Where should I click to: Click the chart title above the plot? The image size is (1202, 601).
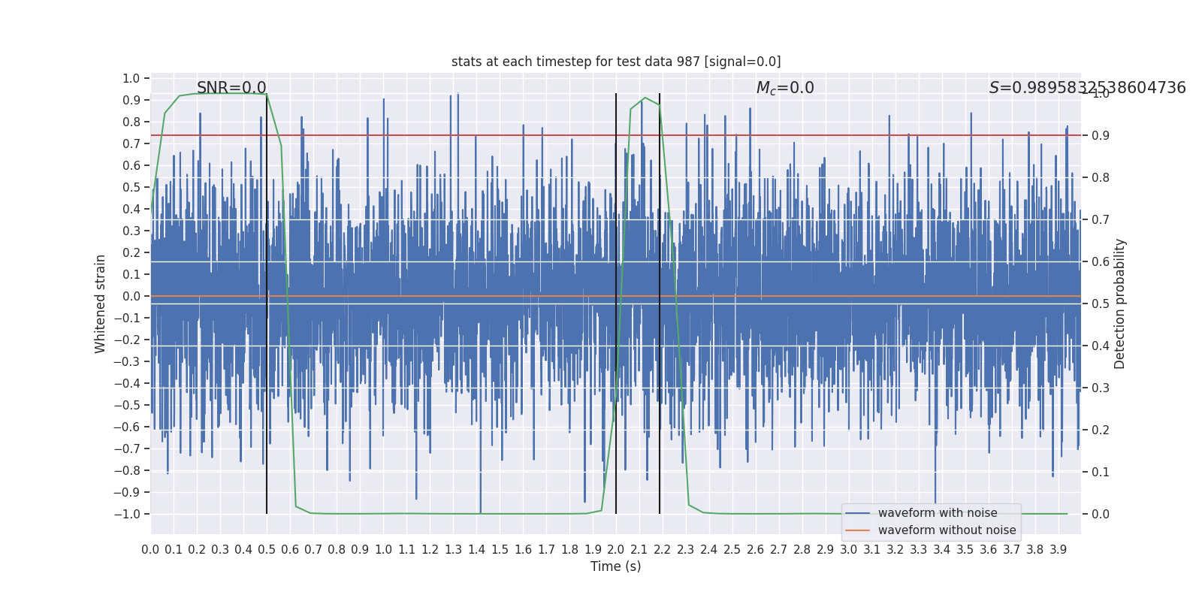coord(616,62)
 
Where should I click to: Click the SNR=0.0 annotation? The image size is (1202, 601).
coord(231,88)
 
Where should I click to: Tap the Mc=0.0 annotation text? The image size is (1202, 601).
coord(785,88)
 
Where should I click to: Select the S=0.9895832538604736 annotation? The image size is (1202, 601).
coord(1087,88)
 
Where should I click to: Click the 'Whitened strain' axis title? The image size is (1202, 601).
coord(101,304)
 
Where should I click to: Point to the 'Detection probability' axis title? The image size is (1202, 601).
coord(1120,304)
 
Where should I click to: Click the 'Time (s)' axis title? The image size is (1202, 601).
coord(616,566)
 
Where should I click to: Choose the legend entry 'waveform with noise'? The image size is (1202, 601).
coord(938,513)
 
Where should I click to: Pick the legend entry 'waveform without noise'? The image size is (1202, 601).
coord(947,530)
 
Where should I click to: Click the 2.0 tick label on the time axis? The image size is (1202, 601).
coord(616,550)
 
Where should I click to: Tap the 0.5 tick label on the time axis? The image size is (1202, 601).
coord(267,550)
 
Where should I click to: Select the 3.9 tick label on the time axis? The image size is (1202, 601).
coord(1058,550)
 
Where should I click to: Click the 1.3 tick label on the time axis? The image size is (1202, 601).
coord(453,550)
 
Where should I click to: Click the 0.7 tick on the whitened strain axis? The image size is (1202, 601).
coord(131,143)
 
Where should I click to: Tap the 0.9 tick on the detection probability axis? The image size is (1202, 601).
coord(1101,135)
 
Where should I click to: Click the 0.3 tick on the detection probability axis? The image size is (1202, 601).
coord(1101,388)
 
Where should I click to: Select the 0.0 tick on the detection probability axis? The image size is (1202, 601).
coord(1101,514)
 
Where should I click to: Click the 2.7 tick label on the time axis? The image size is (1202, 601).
coord(779,550)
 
